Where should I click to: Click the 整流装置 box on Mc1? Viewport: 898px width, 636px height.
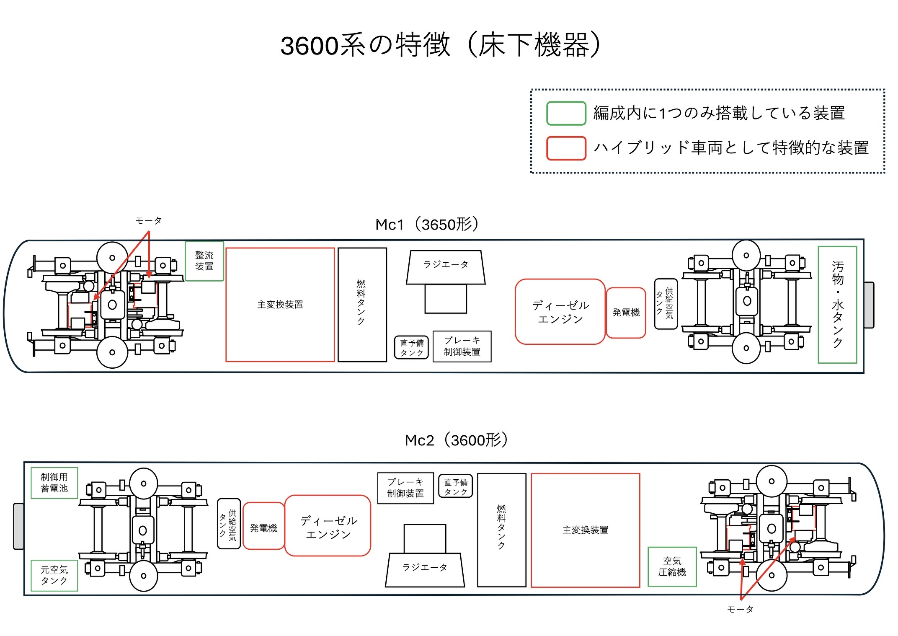pos(204,261)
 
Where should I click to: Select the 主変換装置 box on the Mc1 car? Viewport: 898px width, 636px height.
pos(280,305)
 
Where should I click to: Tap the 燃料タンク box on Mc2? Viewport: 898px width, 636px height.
pos(501,530)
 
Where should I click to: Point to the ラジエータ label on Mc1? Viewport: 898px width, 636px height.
pos(446,265)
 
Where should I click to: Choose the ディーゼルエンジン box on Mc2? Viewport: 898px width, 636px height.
pos(328,526)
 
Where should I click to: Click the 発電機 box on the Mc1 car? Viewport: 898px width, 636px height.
pos(626,313)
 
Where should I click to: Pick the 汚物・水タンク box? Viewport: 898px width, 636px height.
pos(837,305)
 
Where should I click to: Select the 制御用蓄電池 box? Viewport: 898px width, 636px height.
pos(54,483)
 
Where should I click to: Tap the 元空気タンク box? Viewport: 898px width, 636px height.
pos(54,575)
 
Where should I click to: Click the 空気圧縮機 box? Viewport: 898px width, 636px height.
pos(672,566)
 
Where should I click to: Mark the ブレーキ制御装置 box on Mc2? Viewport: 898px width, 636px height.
pos(405,488)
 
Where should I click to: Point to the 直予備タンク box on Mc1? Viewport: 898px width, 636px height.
pos(411,348)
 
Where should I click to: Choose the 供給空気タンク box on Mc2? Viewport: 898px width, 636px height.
pos(229,524)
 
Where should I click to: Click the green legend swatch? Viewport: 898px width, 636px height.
pos(566,114)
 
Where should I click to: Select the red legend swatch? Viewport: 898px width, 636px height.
pos(566,148)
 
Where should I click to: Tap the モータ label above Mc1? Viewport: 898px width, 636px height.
pos(148,221)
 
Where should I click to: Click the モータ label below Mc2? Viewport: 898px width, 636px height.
pos(740,609)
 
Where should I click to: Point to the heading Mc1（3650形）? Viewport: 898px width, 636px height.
pos(427,225)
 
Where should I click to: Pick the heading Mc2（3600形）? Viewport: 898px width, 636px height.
pos(456,440)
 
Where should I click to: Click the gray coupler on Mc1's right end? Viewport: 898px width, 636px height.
pos(869,305)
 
